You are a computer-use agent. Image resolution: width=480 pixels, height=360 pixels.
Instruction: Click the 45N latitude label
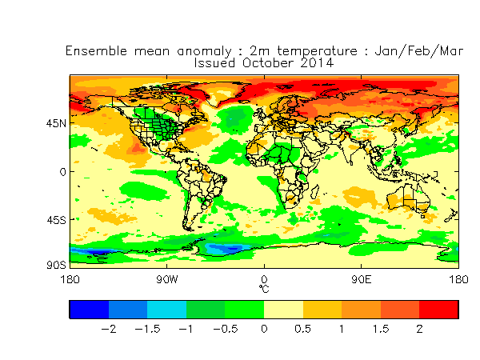[x=56, y=123]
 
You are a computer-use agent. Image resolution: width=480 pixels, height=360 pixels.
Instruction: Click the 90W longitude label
[x=166, y=279]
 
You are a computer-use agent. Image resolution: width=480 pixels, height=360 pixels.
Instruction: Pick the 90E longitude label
[x=362, y=279]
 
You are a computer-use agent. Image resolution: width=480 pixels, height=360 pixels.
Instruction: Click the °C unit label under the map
[x=264, y=287]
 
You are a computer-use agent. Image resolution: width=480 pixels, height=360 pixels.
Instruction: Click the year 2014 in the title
[x=317, y=62]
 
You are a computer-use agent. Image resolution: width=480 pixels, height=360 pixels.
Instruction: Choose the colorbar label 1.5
[x=381, y=329]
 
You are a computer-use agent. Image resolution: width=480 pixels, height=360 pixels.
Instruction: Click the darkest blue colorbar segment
[x=89, y=309]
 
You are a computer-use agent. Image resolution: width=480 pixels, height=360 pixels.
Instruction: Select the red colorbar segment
[x=439, y=309]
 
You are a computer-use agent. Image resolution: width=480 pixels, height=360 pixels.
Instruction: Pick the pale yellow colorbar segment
[x=283, y=309]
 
